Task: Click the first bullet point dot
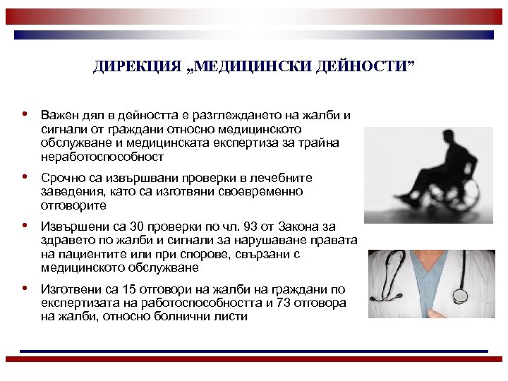tap(25, 114)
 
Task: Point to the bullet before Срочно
tap(25, 177)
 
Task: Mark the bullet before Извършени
tap(25, 226)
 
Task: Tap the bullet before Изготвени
tap(25, 288)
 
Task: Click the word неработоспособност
tap(102, 157)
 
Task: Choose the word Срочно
tap(61, 178)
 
